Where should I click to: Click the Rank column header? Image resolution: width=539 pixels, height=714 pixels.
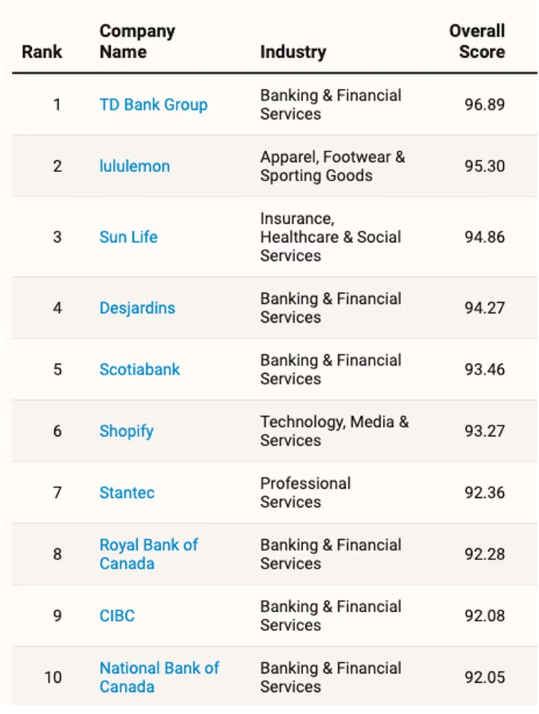[x=42, y=52]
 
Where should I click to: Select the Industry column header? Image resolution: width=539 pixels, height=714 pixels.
[x=293, y=52]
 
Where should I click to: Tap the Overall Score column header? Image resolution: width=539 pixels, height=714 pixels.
[x=477, y=41]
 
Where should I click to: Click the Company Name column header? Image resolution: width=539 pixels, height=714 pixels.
[x=137, y=41]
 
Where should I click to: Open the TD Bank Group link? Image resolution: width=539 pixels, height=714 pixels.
[x=154, y=105]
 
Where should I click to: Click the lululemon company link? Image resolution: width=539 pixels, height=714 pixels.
[x=135, y=166]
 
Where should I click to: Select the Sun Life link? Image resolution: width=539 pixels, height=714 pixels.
[x=129, y=237]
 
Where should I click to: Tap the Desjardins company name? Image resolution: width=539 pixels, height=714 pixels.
[x=137, y=308]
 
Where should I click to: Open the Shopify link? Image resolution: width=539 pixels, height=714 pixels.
[x=126, y=432]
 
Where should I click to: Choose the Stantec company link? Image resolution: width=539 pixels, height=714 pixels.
[x=127, y=492]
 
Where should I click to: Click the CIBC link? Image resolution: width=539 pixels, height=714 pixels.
[x=117, y=616]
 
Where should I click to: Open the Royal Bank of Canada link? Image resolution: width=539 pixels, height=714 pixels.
[x=149, y=554]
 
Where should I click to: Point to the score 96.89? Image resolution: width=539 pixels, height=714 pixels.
[x=484, y=105]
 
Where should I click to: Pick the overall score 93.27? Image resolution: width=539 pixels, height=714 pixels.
[x=484, y=432]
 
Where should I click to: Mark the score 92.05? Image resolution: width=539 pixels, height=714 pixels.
[x=484, y=677]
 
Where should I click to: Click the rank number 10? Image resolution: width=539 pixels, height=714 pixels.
[x=53, y=677]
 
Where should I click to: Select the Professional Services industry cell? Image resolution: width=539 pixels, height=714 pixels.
[x=305, y=492]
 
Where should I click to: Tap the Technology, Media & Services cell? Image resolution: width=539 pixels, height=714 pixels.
[x=335, y=432]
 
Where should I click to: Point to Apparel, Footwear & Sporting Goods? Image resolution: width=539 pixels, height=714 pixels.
[x=333, y=166]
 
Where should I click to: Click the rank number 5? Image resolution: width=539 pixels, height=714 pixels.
[x=57, y=369]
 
